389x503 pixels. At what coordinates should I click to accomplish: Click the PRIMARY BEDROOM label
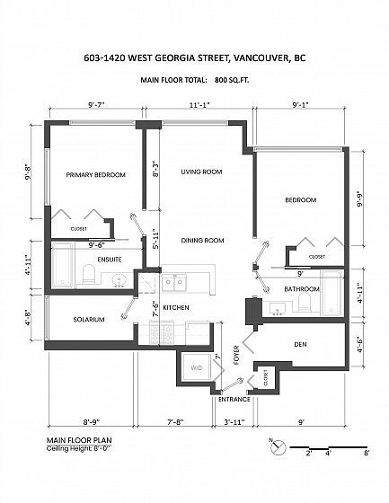(95, 175)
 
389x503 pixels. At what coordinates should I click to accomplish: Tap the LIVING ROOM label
(201, 172)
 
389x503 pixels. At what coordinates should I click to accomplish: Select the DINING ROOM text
(202, 241)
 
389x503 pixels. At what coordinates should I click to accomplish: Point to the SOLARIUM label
(89, 320)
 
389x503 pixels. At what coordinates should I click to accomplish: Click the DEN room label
(300, 344)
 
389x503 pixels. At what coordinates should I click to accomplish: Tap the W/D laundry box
(196, 367)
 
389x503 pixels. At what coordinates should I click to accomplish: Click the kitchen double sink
(174, 282)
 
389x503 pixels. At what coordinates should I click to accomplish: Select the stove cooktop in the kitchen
(162, 333)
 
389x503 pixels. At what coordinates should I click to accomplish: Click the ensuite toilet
(89, 275)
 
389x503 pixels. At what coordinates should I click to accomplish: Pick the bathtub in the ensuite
(63, 265)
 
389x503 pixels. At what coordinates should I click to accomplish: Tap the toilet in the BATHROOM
(305, 304)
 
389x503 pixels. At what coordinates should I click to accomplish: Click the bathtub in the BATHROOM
(332, 293)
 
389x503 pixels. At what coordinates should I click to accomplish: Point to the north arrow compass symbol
(278, 446)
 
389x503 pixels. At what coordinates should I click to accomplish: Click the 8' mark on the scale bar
(367, 454)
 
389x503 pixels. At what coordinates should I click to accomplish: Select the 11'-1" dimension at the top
(199, 105)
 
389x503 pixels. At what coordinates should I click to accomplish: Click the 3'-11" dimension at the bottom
(234, 422)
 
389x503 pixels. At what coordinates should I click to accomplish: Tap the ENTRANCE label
(234, 400)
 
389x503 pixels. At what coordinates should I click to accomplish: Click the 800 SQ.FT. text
(232, 80)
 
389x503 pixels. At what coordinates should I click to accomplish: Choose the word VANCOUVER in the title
(260, 58)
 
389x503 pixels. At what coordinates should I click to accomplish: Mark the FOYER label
(236, 355)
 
